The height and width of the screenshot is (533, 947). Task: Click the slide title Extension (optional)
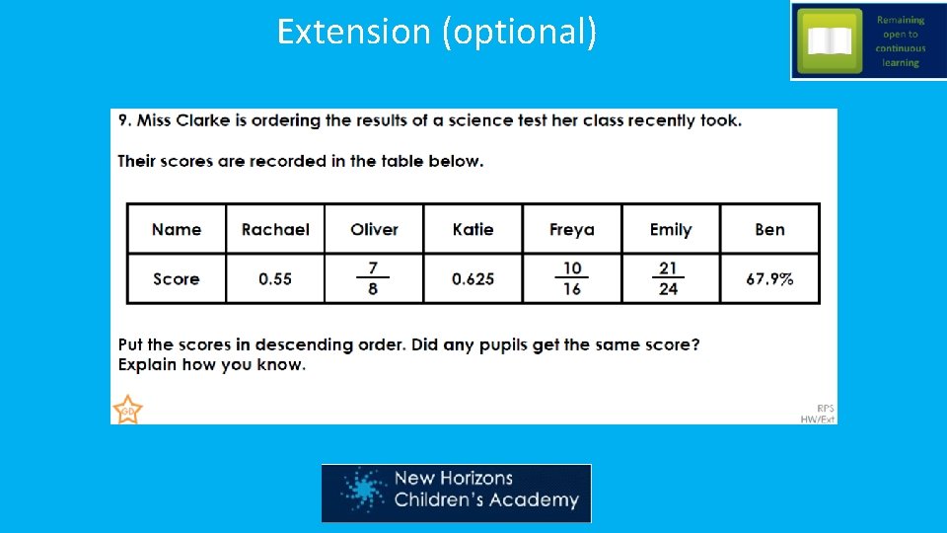point(436,32)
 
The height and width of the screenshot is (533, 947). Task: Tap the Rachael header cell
point(275,229)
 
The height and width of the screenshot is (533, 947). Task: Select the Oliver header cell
point(374,229)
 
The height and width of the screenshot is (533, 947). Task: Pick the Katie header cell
point(473,229)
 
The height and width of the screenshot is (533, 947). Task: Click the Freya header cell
point(572,229)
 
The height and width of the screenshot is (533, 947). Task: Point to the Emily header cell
point(671,229)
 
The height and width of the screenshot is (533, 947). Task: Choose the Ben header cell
point(769,229)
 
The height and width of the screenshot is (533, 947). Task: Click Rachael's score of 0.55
point(275,279)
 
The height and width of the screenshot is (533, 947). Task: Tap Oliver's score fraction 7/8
point(373,278)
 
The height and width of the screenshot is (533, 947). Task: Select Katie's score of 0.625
point(473,279)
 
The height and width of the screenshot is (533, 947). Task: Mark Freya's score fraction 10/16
point(572,278)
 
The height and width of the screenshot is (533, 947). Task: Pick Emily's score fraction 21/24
point(669,278)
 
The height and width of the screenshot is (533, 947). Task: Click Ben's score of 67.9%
point(769,279)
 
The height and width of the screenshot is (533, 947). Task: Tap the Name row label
point(177,229)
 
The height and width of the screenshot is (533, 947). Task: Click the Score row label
point(177,279)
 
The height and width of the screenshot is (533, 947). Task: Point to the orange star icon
point(127,410)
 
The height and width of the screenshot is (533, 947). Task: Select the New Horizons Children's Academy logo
point(456,493)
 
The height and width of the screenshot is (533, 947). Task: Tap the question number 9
point(124,120)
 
